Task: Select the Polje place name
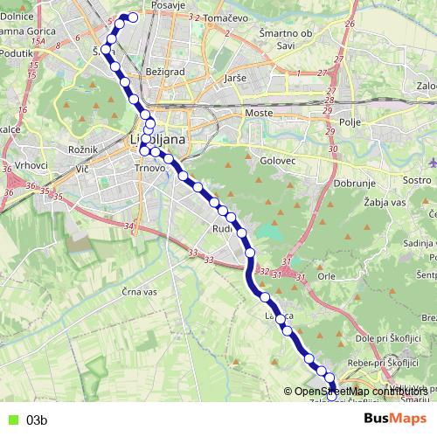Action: pos(352,124)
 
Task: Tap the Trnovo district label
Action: pos(150,167)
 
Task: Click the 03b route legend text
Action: pos(36,420)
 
